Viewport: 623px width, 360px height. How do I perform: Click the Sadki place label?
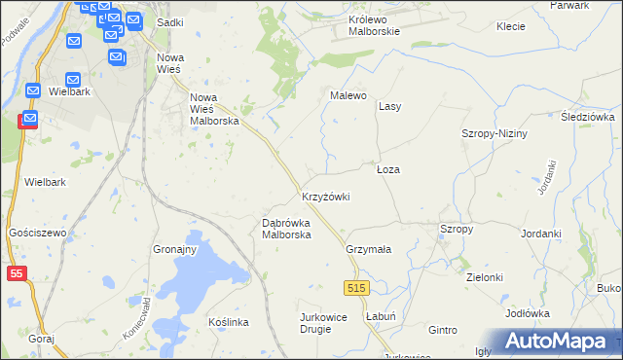click(170, 21)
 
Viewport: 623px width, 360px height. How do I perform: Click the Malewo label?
click(348, 95)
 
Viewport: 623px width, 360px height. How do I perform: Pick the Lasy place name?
click(389, 105)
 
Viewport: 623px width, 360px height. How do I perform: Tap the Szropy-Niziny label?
click(494, 133)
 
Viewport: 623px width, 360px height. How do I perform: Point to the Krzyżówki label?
click(325, 197)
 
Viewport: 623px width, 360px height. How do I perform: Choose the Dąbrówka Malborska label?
click(286, 229)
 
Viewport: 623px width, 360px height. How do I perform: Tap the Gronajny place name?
click(175, 249)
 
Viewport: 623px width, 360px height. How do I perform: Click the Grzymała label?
click(368, 249)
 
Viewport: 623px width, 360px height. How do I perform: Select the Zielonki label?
click(484, 277)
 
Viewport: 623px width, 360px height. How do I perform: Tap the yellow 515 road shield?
click(355, 288)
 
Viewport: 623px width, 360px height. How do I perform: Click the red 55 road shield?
click(15, 275)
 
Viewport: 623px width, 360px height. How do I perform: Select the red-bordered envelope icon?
click(28, 120)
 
